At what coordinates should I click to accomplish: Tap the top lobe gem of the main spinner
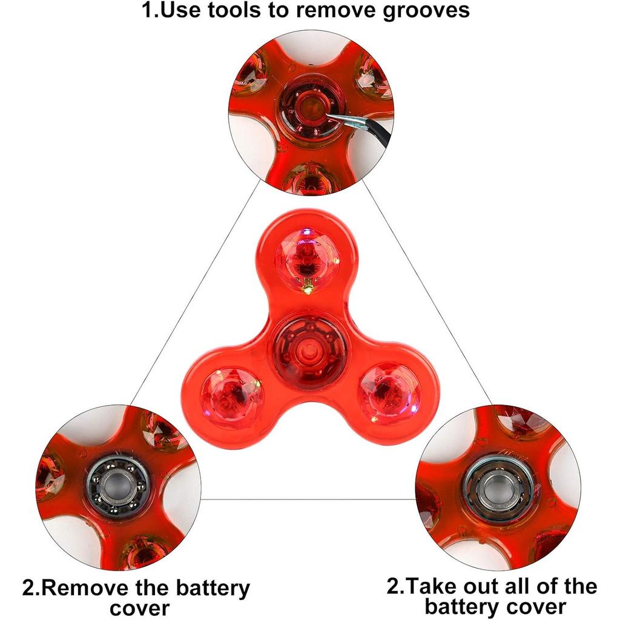pyautogui.click(x=308, y=259)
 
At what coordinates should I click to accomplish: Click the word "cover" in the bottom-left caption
pyautogui.click(x=139, y=608)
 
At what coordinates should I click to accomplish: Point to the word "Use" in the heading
pyautogui.click(x=182, y=11)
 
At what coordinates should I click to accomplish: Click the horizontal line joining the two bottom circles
pyautogui.click(x=309, y=500)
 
